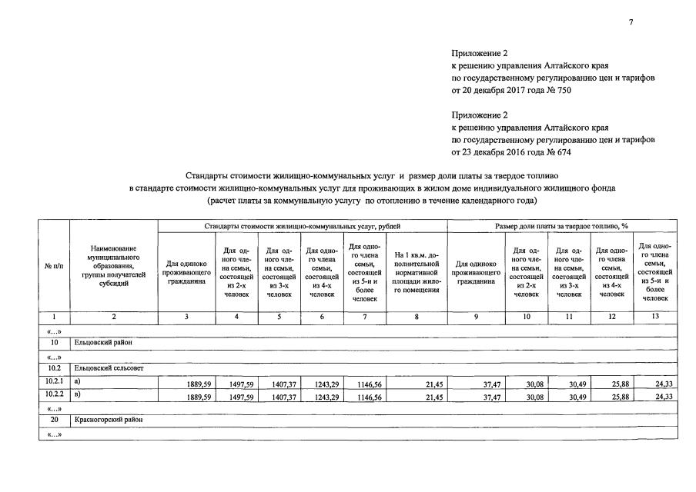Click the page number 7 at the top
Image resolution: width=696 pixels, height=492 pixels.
coord(631,22)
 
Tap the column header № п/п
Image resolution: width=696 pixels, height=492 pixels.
coord(54,266)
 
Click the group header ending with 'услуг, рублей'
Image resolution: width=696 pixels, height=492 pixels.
coord(303,226)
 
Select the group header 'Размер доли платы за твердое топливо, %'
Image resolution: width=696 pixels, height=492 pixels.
coord(562,226)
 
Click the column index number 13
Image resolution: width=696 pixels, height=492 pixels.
coord(654,316)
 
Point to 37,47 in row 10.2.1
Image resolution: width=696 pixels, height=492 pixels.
coord(490,383)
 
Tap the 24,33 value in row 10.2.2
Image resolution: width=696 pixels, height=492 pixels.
coord(663,397)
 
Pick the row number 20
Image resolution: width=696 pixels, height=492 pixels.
coord(54,421)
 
